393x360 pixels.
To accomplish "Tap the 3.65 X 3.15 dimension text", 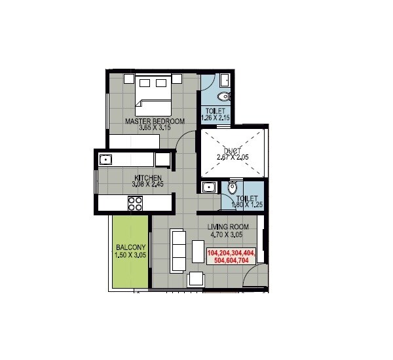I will coord(155,128).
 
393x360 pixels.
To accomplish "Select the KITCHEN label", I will coord(148,178).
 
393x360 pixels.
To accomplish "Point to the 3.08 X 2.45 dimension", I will coord(148,185).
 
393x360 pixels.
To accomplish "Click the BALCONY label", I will coord(130,247).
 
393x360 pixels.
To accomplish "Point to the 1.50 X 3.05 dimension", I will coord(130,255).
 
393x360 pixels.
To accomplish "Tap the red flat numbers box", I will coord(233,256).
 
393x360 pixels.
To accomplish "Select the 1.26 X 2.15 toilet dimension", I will coord(214,118).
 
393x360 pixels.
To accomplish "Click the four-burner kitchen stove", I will coord(135,203).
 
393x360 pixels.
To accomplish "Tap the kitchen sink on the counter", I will coord(105,158).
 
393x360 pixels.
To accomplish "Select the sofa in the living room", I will coord(176,250).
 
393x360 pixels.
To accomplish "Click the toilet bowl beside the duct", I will coord(232,189).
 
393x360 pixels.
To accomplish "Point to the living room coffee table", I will coord(198,251).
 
